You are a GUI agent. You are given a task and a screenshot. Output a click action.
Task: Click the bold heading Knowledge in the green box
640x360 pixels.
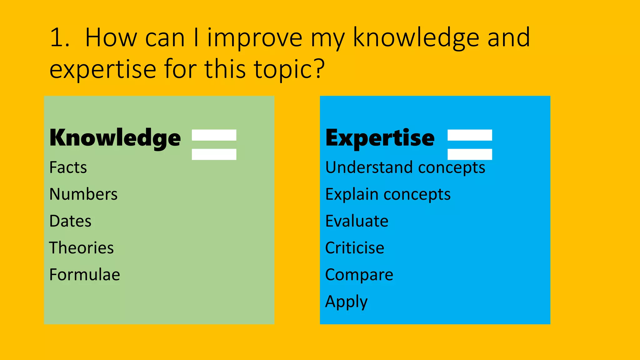115,138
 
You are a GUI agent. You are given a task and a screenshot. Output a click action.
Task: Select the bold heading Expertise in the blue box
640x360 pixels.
380,138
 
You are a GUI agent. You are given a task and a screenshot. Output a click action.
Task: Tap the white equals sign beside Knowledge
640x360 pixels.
214,144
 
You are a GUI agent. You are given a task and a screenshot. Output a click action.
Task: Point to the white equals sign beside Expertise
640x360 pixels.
470,144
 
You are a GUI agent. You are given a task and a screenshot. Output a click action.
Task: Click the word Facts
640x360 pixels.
68,167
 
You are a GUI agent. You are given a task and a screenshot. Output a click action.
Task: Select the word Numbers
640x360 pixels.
83,194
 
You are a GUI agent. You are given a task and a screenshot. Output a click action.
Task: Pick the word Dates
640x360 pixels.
70,221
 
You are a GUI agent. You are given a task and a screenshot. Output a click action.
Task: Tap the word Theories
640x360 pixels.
82,248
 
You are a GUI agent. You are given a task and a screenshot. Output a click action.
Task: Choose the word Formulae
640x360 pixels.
85,275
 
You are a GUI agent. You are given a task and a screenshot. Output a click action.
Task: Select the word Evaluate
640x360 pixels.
357,221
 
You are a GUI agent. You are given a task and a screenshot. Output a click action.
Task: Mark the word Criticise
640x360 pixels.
355,248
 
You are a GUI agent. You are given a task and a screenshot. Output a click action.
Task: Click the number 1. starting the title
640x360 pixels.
59,38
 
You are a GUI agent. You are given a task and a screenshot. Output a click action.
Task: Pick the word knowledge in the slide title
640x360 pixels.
416,38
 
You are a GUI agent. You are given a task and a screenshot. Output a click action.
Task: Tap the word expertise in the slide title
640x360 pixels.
103,70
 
